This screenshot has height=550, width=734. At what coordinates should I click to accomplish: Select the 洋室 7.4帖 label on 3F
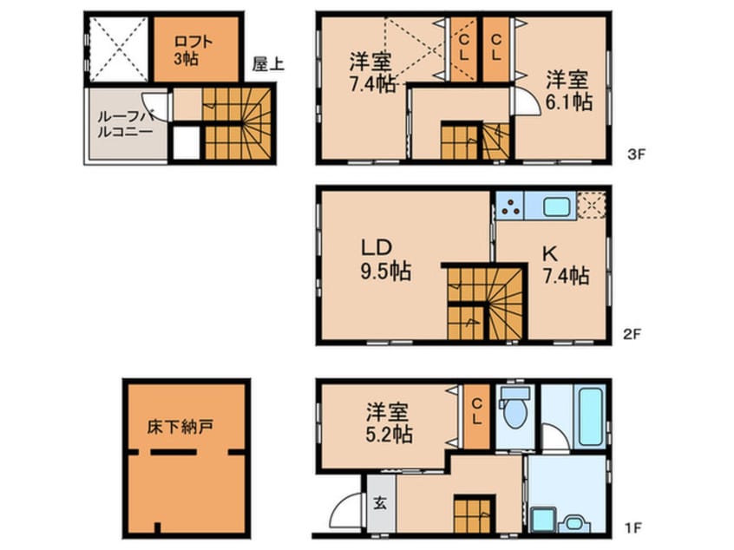371,73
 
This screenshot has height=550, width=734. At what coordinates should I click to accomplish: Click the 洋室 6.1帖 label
568,90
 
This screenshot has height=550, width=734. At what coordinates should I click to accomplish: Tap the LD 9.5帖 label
385,259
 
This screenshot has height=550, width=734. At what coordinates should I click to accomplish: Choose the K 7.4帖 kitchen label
565,265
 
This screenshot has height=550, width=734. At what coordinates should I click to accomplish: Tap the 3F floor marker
636,155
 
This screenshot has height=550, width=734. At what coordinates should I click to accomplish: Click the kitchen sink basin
554,206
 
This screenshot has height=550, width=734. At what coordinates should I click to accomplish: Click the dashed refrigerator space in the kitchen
592,205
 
